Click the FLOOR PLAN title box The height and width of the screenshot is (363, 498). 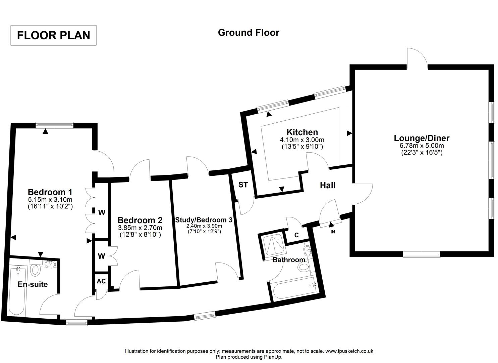53,35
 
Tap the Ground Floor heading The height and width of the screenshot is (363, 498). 248,33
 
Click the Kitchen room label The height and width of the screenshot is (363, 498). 302,132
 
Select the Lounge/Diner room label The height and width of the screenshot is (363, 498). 422,138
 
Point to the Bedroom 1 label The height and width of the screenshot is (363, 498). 50,192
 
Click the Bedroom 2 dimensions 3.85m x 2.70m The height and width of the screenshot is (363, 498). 140,228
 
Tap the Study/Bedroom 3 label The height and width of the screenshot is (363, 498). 204,220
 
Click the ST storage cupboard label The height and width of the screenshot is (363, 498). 243,185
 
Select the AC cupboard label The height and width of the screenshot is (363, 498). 101,281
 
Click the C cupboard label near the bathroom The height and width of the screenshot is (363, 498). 296,235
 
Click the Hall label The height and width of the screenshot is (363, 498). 328,185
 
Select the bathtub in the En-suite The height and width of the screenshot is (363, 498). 17,291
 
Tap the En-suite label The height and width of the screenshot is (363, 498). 33,284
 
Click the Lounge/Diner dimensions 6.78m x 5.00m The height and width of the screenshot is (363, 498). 422,146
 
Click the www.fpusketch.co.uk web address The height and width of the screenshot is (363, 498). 349,351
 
